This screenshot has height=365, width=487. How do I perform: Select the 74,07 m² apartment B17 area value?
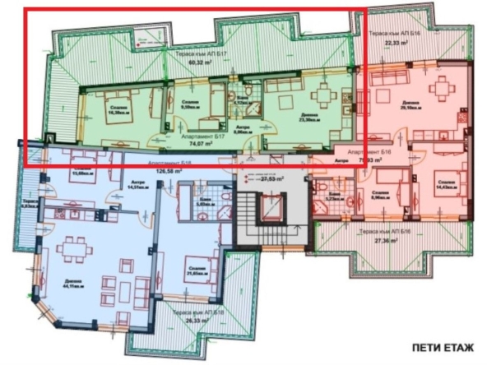(195, 141)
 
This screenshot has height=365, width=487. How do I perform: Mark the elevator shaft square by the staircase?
(269, 209)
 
